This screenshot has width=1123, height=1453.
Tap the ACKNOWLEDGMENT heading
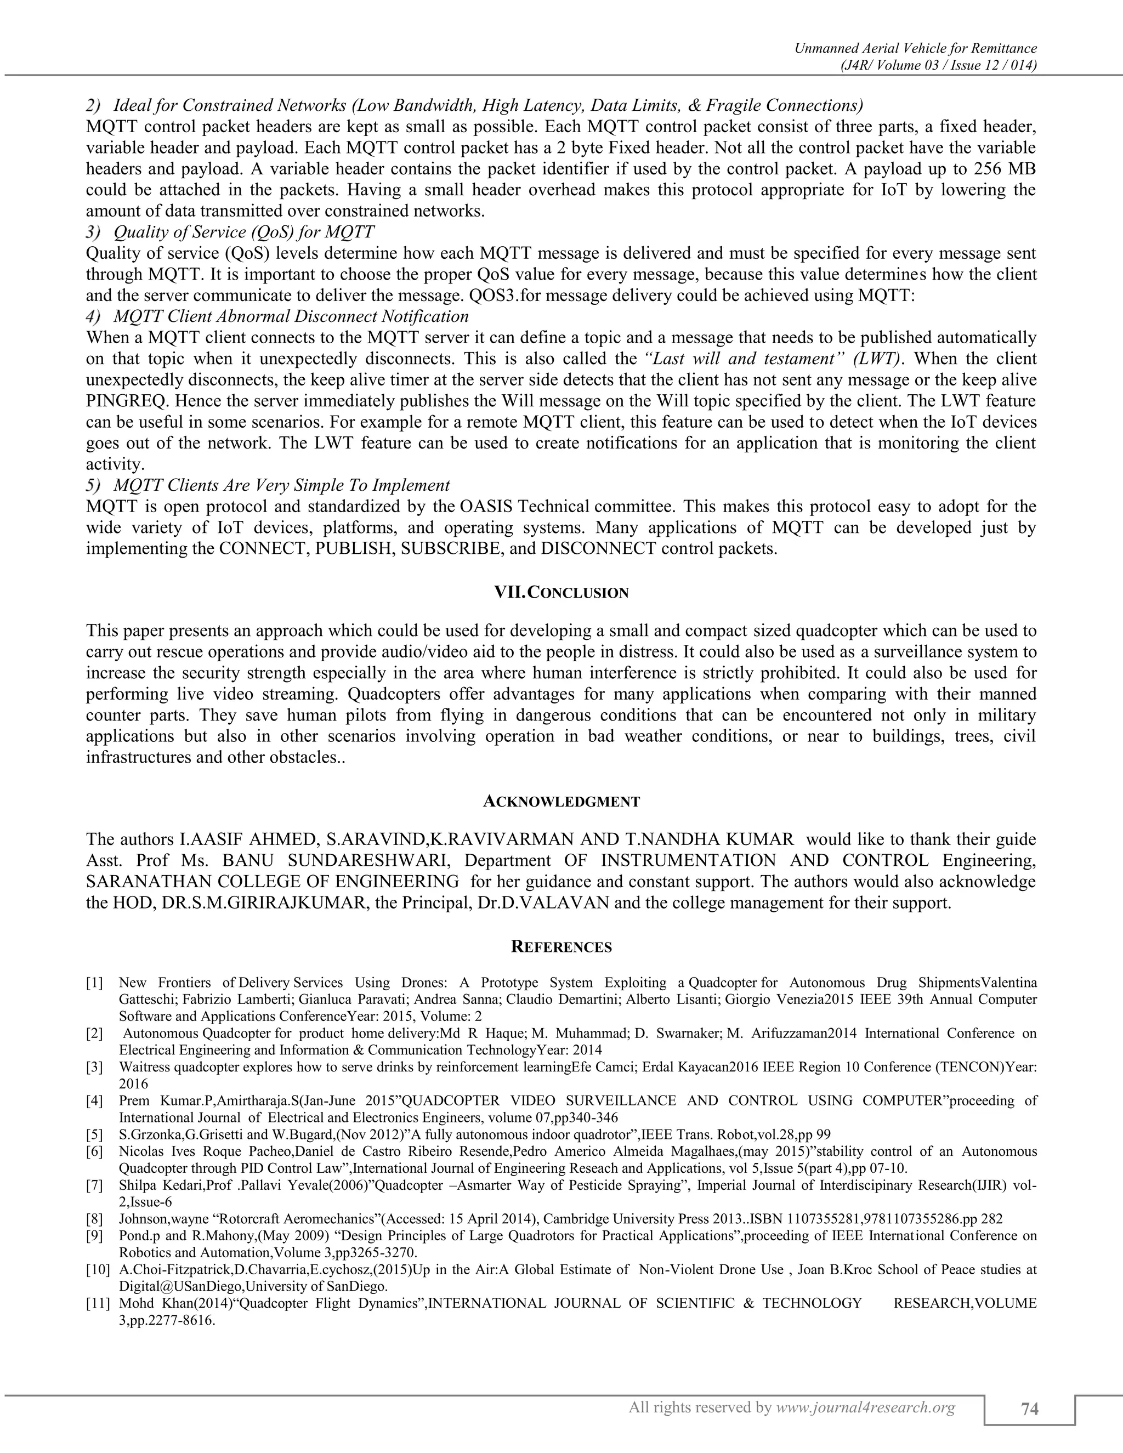coord(561,802)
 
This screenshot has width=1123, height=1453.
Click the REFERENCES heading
coord(561,947)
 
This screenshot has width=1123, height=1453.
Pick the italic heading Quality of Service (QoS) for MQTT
coord(243,232)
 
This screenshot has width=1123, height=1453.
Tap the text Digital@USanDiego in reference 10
coord(180,1285)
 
